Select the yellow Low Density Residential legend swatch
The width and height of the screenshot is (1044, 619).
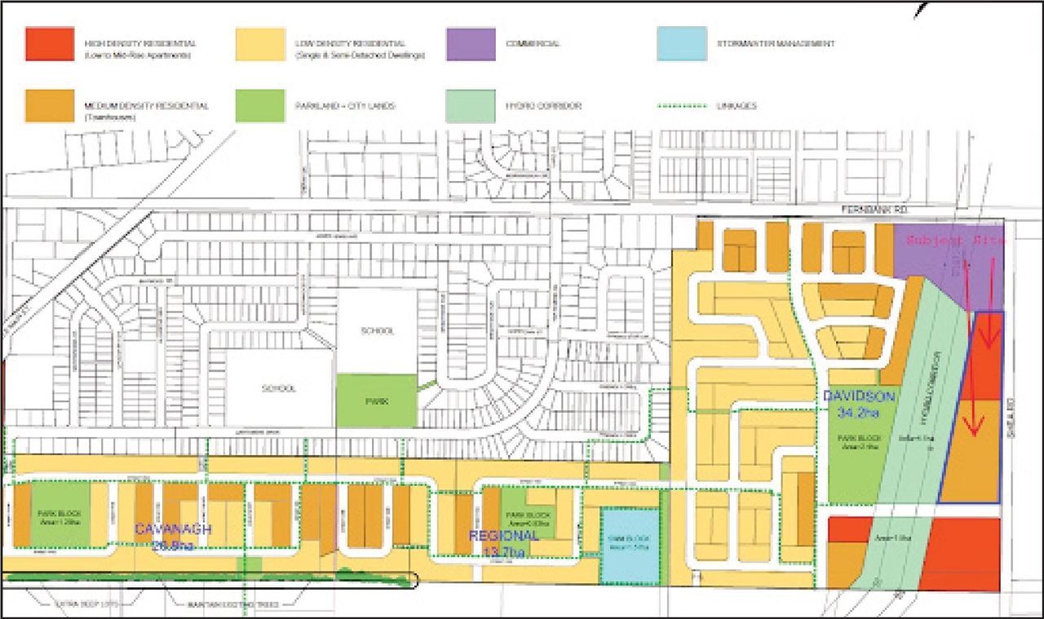click(260, 44)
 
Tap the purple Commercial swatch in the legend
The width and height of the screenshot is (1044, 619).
click(471, 44)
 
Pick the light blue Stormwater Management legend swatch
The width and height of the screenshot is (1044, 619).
click(682, 44)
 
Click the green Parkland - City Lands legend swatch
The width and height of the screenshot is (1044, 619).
click(260, 106)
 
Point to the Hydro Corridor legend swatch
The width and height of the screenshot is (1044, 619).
click(471, 106)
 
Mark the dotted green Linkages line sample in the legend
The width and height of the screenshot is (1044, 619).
click(682, 106)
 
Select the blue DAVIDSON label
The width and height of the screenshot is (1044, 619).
click(859, 396)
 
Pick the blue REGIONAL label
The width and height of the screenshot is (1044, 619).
click(503, 536)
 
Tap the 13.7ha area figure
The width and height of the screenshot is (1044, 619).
click(503, 552)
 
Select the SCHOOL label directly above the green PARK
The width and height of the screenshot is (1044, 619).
click(376, 331)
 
